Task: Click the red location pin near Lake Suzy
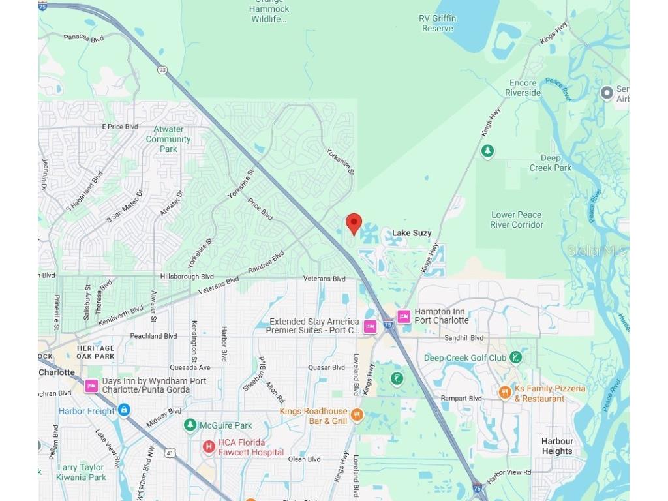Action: point(354,223)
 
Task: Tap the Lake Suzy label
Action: point(412,233)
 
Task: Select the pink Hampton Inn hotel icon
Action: point(404,316)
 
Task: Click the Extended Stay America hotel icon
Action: point(371,326)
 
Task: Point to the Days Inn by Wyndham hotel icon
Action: point(91,386)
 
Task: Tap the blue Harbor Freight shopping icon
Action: point(124,411)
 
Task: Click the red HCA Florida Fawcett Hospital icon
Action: point(209,447)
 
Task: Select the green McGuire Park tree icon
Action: point(190,425)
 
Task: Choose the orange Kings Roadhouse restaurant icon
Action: point(356,415)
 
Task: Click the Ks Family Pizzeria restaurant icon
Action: point(504,392)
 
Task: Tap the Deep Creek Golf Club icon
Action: point(516,357)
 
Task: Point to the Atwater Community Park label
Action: point(168,139)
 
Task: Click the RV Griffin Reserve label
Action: point(438,23)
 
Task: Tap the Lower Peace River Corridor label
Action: point(517,220)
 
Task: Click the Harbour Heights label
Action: point(557,446)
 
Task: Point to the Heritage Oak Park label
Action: point(95,352)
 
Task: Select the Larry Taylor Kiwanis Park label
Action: point(82,472)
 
